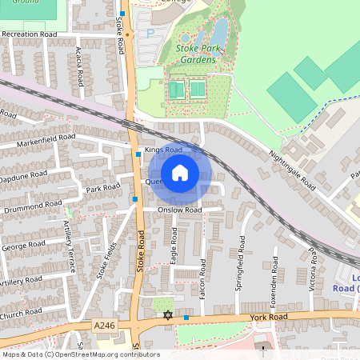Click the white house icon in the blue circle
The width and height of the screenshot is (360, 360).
[x=180, y=172]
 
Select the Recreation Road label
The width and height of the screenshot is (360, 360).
[x=29, y=35]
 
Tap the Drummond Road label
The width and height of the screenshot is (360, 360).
[x=32, y=204]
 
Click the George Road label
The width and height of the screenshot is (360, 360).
[x=24, y=247]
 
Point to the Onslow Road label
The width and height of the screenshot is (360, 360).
[x=179, y=210]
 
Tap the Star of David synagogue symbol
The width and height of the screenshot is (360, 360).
[x=167, y=317]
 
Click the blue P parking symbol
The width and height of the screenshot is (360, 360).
[x=150, y=34]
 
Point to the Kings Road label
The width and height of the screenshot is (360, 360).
[x=163, y=150]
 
